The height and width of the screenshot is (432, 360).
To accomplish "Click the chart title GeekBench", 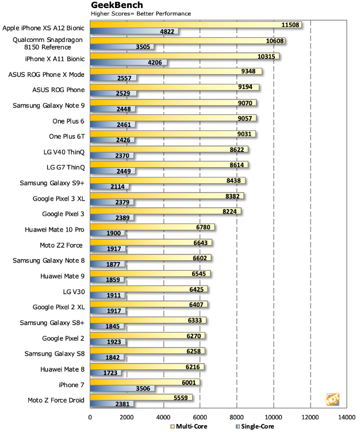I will coord(116,5).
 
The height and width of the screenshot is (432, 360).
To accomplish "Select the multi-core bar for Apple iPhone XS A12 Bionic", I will coord(196,25).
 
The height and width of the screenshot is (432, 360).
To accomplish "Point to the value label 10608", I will coord(273,40).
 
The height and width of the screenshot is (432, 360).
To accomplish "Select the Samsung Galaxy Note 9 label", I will coord(52,105).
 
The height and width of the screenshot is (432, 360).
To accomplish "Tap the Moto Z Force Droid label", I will coord(56,400).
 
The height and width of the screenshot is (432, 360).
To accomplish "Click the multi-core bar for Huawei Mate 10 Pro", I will coord(152,227).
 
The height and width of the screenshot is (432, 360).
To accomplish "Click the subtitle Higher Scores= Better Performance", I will coord(141,13).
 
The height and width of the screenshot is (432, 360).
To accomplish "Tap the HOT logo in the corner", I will coord(333,399).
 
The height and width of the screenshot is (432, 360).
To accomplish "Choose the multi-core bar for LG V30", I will coord(149,289).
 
